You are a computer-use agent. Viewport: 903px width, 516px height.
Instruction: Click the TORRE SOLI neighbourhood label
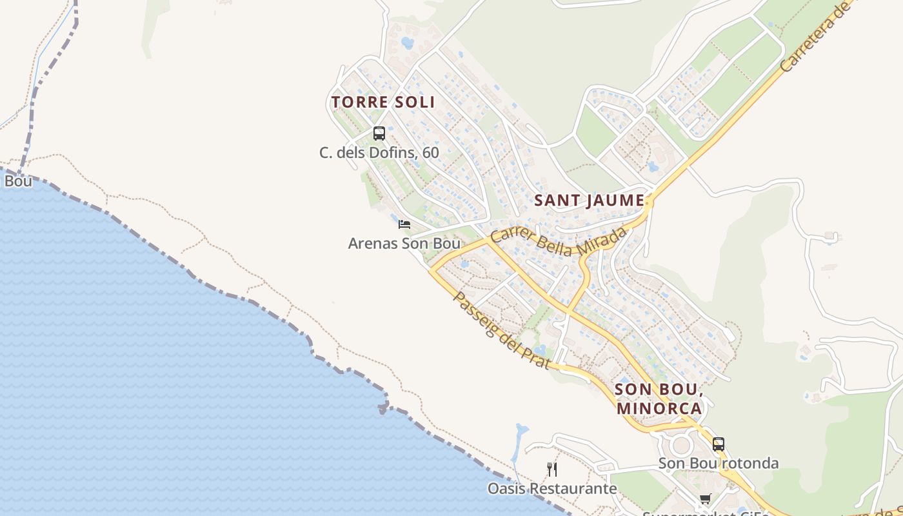tap(383, 102)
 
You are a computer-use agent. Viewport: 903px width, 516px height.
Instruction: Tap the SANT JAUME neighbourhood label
tap(590, 201)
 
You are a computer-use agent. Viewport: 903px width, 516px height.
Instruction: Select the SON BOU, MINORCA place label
tap(659, 399)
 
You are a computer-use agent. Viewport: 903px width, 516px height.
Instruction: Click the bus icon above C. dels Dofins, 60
tap(379, 134)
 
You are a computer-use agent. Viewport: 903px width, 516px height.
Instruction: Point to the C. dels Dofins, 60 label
tap(379, 153)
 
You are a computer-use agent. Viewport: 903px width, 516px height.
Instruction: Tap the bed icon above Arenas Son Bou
tap(404, 224)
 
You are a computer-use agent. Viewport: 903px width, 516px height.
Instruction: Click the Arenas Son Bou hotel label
tap(404, 244)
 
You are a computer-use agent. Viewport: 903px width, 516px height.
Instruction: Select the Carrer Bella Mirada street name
tap(558, 242)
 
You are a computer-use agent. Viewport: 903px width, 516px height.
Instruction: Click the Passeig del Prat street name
tap(502, 331)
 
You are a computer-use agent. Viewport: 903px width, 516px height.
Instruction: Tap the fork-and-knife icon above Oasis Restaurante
tap(551, 469)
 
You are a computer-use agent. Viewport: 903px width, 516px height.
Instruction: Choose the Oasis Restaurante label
tap(552, 488)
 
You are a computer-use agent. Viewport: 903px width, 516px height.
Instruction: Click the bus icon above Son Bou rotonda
tap(719, 444)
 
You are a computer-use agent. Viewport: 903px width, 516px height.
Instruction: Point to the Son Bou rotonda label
tap(719, 463)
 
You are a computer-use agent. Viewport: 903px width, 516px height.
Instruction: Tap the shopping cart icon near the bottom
tap(706, 499)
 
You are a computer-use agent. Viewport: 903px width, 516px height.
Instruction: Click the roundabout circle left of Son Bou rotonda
tap(680, 445)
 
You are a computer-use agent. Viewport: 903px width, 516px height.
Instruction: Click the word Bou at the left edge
tap(18, 181)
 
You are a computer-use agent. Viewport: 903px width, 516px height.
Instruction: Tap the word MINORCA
tap(659, 408)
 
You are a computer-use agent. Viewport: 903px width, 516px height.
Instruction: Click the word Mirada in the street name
tap(602, 242)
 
